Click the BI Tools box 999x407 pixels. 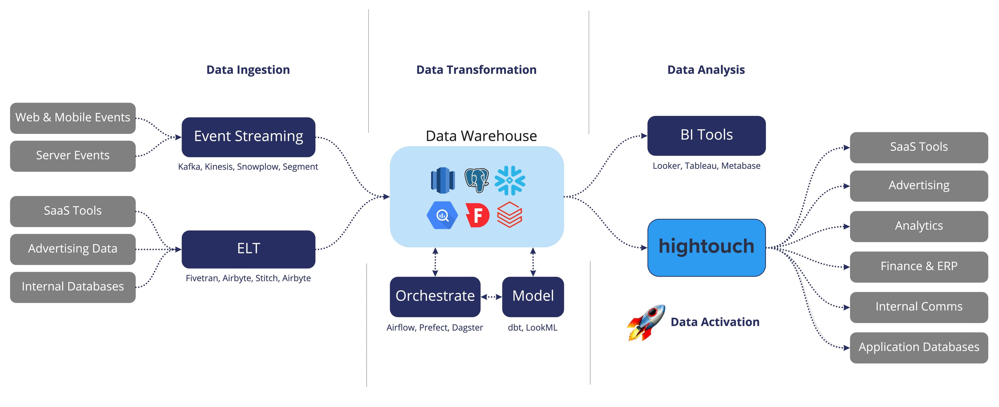[706, 135]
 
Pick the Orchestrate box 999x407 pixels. [435, 296]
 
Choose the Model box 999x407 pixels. [533, 296]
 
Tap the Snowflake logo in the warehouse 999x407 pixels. [510, 180]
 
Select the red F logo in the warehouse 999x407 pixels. [477, 215]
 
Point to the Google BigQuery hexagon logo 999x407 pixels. [442, 215]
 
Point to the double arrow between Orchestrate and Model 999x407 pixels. [491, 297]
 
